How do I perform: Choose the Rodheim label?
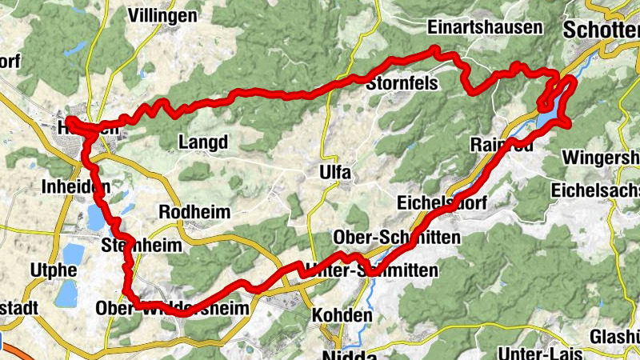click(x=194, y=212)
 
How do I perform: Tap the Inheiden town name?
click(x=74, y=188)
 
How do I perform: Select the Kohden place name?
click(x=342, y=315)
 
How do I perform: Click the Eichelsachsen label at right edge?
click(x=597, y=190)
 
